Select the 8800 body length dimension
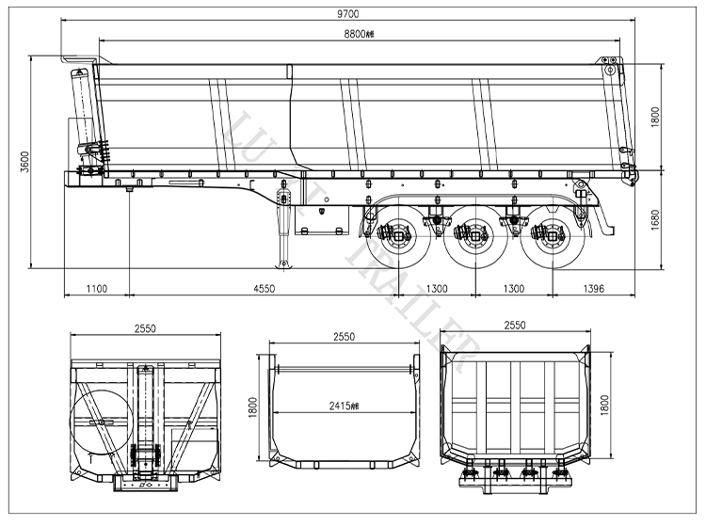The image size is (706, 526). (357, 33)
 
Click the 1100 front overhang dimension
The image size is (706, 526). (96, 289)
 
